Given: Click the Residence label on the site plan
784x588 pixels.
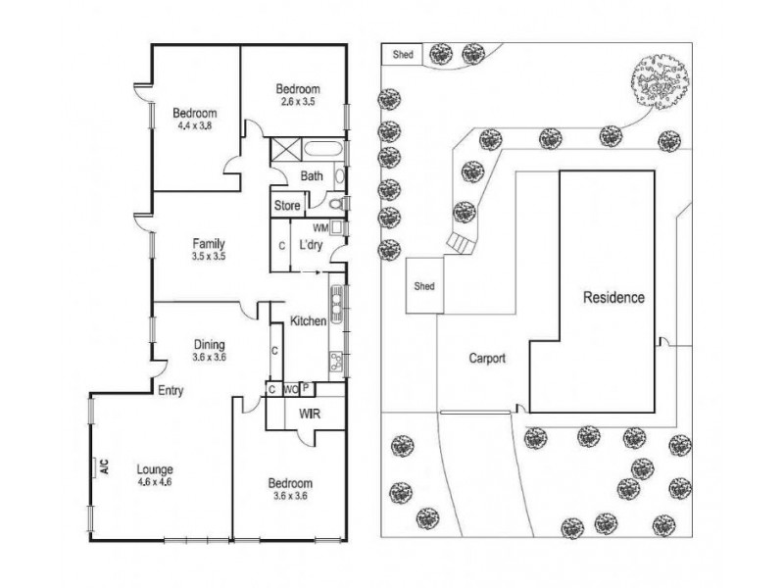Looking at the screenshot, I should pyautogui.click(x=614, y=298).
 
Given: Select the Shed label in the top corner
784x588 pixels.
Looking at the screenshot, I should pyautogui.click(x=403, y=55).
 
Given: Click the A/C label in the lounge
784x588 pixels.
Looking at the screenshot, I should pyautogui.click(x=103, y=467).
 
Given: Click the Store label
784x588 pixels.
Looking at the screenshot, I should pyautogui.click(x=287, y=206).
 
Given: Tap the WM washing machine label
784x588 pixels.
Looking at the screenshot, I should pyautogui.click(x=319, y=227).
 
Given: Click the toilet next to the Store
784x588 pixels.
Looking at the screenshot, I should pyautogui.click(x=335, y=205).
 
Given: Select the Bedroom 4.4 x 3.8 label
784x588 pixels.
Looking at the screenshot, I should pyautogui.click(x=194, y=118).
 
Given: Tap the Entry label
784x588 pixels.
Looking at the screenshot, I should pyautogui.click(x=171, y=391).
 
